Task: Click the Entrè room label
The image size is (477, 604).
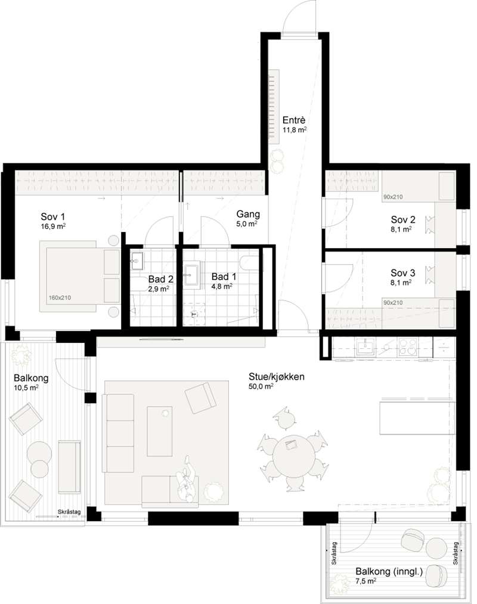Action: [293, 120]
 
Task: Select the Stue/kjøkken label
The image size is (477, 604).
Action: [276, 376]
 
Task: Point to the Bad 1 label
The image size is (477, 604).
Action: [224, 277]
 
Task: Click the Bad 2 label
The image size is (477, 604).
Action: [160, 279]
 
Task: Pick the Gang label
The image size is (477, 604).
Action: [248, 214]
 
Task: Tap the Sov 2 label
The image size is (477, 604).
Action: [403, 219]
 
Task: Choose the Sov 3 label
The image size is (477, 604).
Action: [403, 273]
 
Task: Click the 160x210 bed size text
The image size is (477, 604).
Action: [60, 298]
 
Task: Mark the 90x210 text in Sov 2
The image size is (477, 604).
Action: [393, 197]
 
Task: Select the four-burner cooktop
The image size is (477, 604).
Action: [408, 346]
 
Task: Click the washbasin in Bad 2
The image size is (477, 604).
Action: [137, 261]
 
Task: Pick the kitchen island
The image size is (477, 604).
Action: [417, 418]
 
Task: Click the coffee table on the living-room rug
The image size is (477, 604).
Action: [160, 431]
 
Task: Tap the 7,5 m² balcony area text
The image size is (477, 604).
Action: [366, 581]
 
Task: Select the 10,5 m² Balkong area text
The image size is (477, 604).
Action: [26, 388]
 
